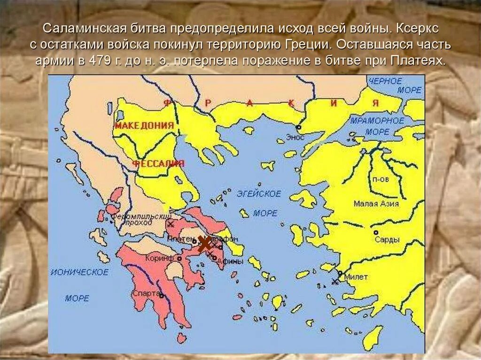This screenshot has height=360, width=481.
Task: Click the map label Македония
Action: point(144,125)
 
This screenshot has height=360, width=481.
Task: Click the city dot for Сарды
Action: point(375,232)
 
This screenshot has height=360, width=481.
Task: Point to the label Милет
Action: point(356,277)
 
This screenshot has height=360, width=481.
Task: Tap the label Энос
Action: point(297,138)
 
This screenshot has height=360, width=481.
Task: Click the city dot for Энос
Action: point(298,127)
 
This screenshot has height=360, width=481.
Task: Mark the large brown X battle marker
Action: point(204,244)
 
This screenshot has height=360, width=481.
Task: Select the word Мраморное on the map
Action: point(377,121)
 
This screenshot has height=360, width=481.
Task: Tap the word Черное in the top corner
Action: point(385,81)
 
